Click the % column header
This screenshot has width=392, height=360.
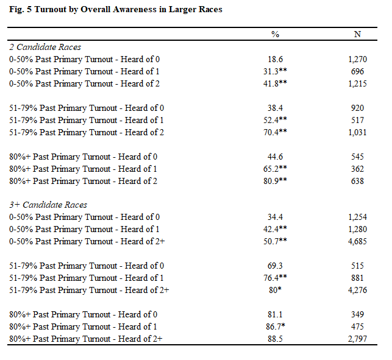pos(275,34)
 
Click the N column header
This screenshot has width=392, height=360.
pos(357,34)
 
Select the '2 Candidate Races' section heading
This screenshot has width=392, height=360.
pos(45,47)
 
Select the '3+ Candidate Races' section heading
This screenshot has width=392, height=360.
pos(48,205)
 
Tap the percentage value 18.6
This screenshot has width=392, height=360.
pos(275,59)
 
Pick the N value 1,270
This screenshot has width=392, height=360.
pos(357,59)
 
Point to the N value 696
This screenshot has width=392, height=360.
pos(357,71)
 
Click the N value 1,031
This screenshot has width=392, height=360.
pos(357,132)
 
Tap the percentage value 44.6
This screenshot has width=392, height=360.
pos(275,157)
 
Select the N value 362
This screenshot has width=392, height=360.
pos(357,169)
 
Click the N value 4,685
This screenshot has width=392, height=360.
pos(357,241)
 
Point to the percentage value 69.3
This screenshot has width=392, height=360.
pos(275,266)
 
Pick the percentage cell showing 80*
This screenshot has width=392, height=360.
pos(275,290)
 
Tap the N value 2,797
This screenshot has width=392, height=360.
pos(357,339)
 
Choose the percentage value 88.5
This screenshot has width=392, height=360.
pos(275,339)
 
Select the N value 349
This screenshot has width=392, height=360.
pos(357,314)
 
